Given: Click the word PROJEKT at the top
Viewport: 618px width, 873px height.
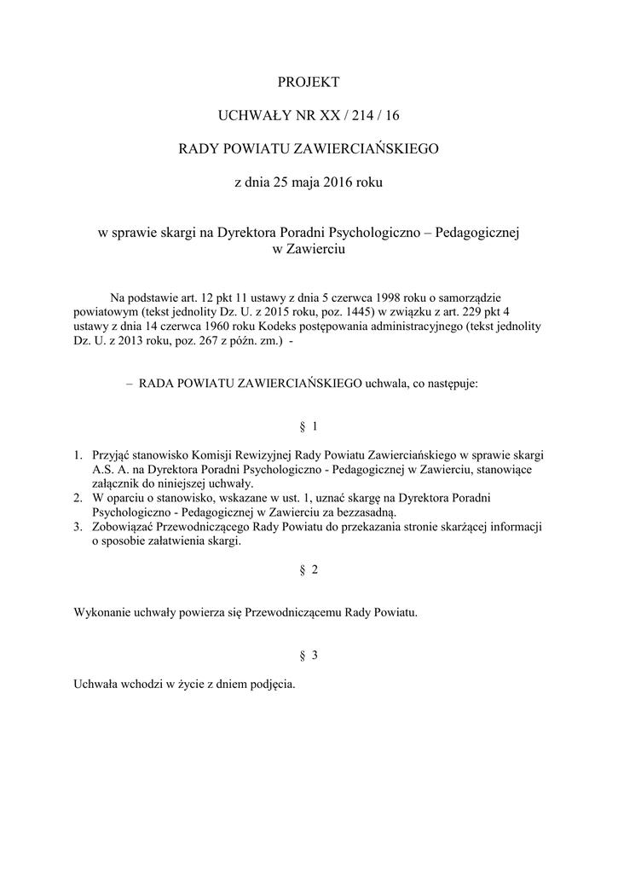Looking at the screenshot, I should click(x=309, y=82).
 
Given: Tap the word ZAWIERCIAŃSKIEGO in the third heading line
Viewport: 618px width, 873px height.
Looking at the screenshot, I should click(x=366, y=149).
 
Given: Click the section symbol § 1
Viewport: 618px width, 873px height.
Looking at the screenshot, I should click(x=309, y=425).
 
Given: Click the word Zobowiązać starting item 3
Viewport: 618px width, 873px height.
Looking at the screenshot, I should click(x=124, y=527).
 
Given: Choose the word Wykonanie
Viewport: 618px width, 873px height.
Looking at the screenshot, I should click(x=101, y=612).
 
